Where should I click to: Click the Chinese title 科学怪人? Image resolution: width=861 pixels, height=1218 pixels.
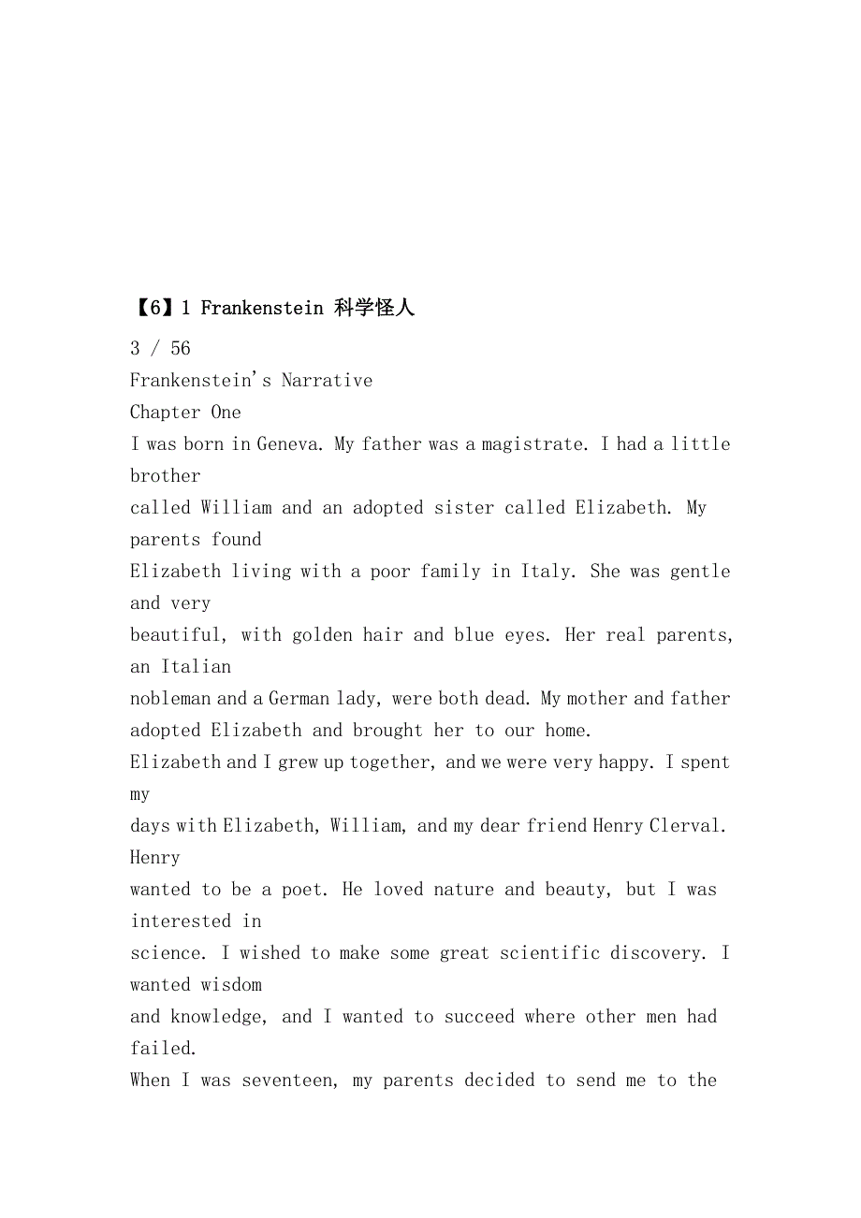point(373,308)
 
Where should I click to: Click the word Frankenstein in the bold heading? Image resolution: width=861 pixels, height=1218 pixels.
point(262,308)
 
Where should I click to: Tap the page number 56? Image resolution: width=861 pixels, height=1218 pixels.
point(180,349)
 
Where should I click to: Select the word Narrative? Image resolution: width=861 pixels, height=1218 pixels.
point(327,381)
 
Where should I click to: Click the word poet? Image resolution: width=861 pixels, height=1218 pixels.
point(303,890)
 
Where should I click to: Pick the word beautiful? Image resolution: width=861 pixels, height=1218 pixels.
point(176,635)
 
